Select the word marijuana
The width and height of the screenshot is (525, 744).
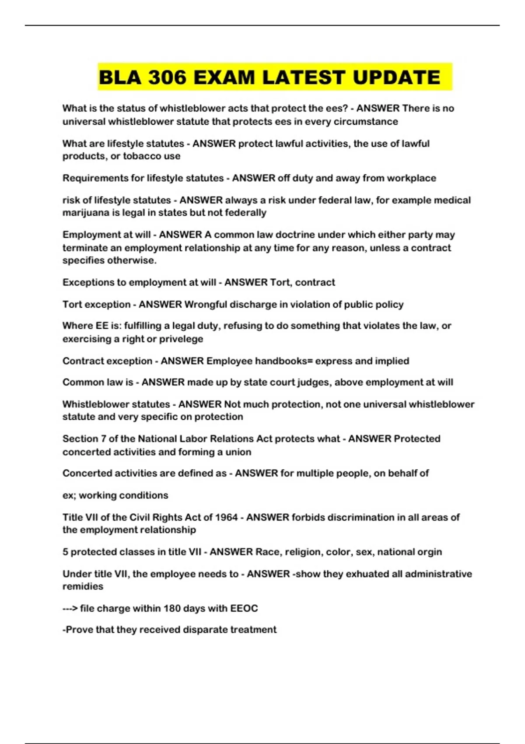[x=84, y=213]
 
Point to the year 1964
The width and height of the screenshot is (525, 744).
[x=226, y=517]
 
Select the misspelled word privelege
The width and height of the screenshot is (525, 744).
[x=181, y=339]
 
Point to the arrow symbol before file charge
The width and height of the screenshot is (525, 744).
[x=70, y=608]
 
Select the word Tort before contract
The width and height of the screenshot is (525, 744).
[x=280, y=282]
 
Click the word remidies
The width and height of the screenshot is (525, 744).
[x=83, y=586]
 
